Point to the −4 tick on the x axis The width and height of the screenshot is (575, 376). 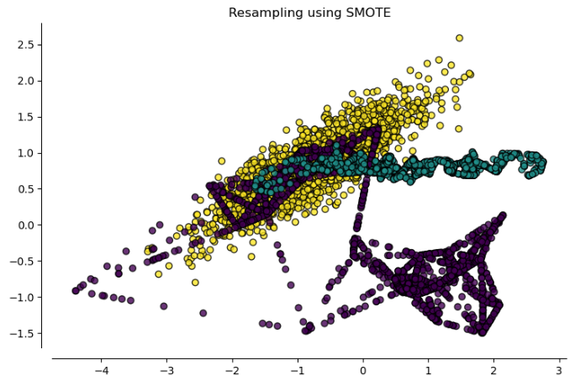(x=101, y=368)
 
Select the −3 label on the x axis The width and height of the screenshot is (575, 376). (x=166, y=368)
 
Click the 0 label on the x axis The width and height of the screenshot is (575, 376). (x=363, y=368)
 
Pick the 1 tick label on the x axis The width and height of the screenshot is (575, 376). (x=428, y=368)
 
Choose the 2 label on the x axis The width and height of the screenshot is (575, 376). (x=493, y=368)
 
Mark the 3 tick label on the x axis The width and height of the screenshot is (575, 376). (x=559, y=368)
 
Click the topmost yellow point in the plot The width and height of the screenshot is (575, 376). (x=459, y=38)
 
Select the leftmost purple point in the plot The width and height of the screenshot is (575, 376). (x=76, y=291)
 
